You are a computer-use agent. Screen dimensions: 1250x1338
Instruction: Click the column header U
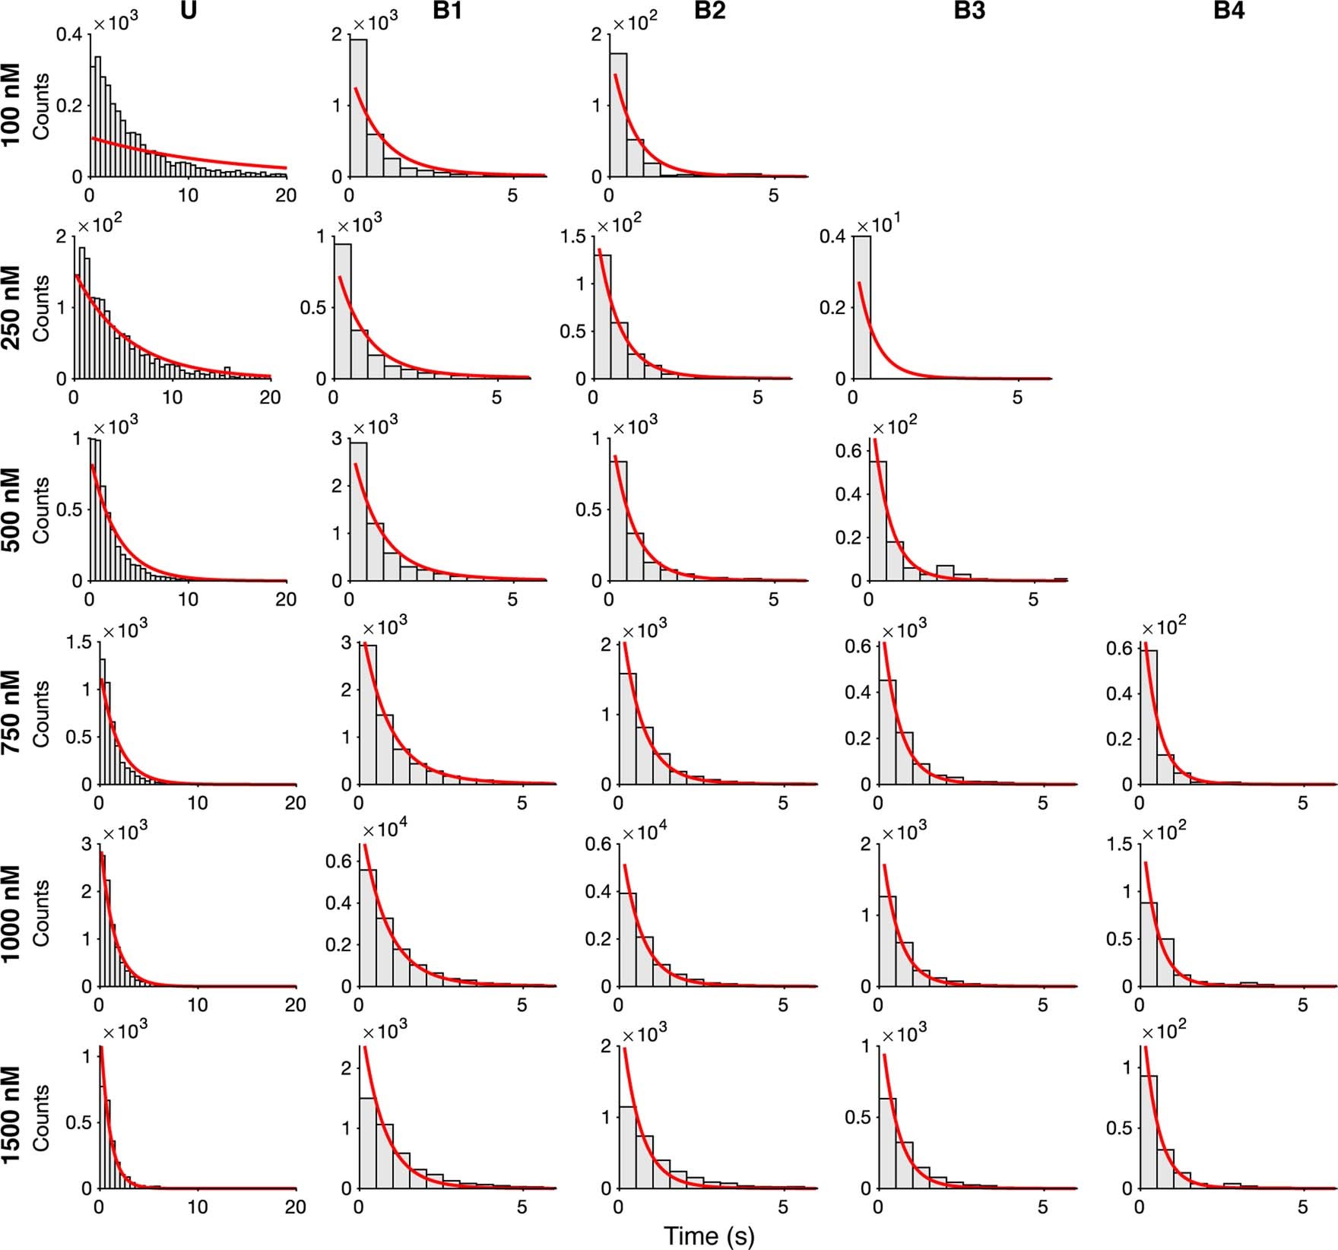click(189, 11)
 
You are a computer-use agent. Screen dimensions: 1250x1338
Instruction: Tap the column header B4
click(1229, 11)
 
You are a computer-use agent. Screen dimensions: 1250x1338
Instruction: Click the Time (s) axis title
click(709, 1236)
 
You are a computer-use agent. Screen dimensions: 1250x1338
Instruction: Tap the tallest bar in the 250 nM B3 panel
click(861, 307)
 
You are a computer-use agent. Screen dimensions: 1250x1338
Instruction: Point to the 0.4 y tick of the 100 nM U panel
click(69, 34)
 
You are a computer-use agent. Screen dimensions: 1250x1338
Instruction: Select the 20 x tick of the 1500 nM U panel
click(295, 1207)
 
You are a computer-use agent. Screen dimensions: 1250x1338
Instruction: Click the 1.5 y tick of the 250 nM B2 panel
click(572, 236)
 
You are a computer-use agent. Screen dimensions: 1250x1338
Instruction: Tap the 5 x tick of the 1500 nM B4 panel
click(1302, 1207)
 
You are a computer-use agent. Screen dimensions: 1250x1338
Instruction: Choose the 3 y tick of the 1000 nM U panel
click(86, 844)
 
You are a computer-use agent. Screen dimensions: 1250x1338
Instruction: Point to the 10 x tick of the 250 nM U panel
click(173, 397)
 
